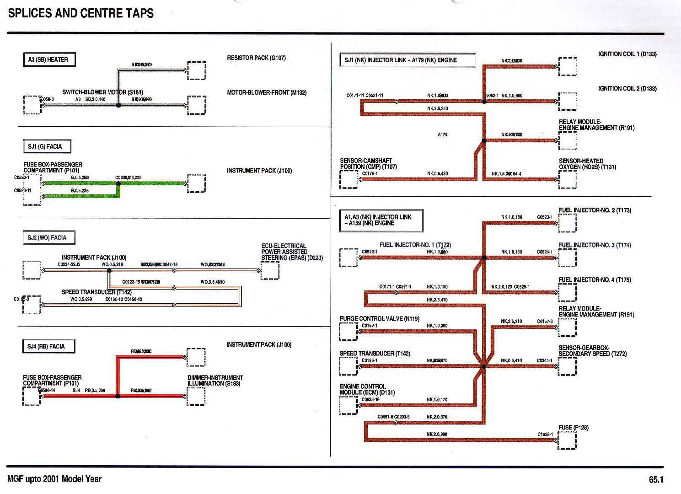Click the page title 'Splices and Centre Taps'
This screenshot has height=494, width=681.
pyautogui.click(x=81, y=13)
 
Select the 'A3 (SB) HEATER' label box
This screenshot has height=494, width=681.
pyautogui.click(x=48, y=59)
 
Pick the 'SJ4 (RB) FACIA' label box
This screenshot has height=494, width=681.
pyautogui.click(x=48, y=346)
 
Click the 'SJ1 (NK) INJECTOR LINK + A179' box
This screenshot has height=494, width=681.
pyautogui.click(x=407, y=60)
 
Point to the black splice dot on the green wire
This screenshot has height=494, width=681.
pyautogui.click(x=118, y=184)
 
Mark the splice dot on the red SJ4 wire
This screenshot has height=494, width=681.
pyautogui.click(x=118, y=397)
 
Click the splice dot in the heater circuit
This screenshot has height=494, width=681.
pyautogui.click(x=118, y=105)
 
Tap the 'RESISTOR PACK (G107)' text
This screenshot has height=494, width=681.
pyautogui.click(x=256, y=58)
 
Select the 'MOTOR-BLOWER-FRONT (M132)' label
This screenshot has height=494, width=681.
pyautogui.click(x=267, y=92)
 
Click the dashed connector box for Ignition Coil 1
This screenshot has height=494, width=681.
pyautogui.click(x=568, y=67)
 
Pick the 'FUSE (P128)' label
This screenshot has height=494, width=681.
pyautogui.click(x=574, y=427)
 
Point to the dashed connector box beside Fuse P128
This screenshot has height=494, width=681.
pyautogui.click(x=567, y=440)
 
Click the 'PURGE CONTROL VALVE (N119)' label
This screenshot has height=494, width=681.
pyautogui.click(x=379, y=319)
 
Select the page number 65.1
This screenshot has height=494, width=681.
pyautogui.click(x=655, y=480)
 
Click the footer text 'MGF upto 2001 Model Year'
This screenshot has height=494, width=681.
pyautogui.click(x=54, y=479)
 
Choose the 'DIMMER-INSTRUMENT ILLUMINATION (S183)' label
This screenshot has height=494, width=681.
pyautogui.click(x=215, y=381)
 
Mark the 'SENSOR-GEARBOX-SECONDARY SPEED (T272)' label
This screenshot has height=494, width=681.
pyautogui.click(x=592, y=351)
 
